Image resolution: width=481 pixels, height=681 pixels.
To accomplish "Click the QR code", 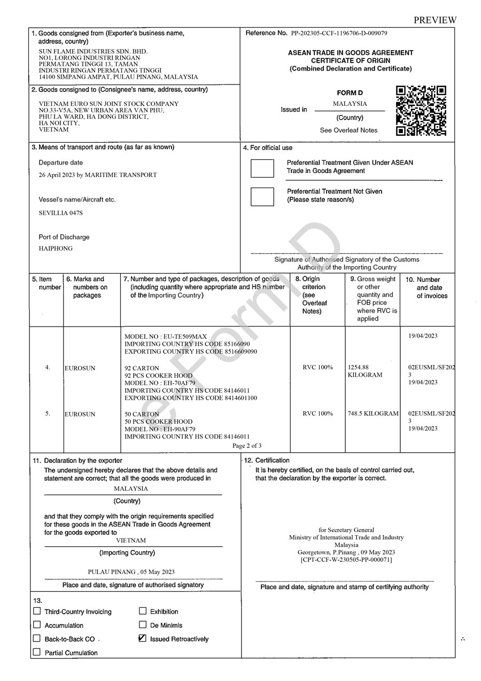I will point(421,111).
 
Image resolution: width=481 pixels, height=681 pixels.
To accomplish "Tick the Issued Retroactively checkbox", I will point(143,638).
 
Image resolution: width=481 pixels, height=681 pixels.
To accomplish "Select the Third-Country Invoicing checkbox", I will point(37,611).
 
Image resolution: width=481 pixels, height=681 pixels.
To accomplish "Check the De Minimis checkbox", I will point(143,624).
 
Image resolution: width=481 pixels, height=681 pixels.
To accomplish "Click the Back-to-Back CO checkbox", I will point(37,638).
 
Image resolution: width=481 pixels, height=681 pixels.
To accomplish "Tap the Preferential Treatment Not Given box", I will point(262,196).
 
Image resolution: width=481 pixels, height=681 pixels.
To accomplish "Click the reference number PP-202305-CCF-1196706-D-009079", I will point(339,33).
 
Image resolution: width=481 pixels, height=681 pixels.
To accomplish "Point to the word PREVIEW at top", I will point(435,20).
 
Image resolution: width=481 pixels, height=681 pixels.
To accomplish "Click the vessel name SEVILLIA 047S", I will point(61,213).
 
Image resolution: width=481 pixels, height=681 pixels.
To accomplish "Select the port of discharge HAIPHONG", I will point(56,249).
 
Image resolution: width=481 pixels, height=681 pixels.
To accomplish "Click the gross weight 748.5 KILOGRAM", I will point(373,413).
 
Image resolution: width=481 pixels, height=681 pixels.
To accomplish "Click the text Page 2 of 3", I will point(247,445).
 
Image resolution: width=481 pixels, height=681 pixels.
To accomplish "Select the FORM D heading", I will point(350,93).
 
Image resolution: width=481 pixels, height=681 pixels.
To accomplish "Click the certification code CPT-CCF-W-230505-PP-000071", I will point(346,560).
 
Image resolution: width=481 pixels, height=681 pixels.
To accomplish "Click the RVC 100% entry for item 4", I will point(317,367).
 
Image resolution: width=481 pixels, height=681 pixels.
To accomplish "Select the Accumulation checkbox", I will point(37,624).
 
